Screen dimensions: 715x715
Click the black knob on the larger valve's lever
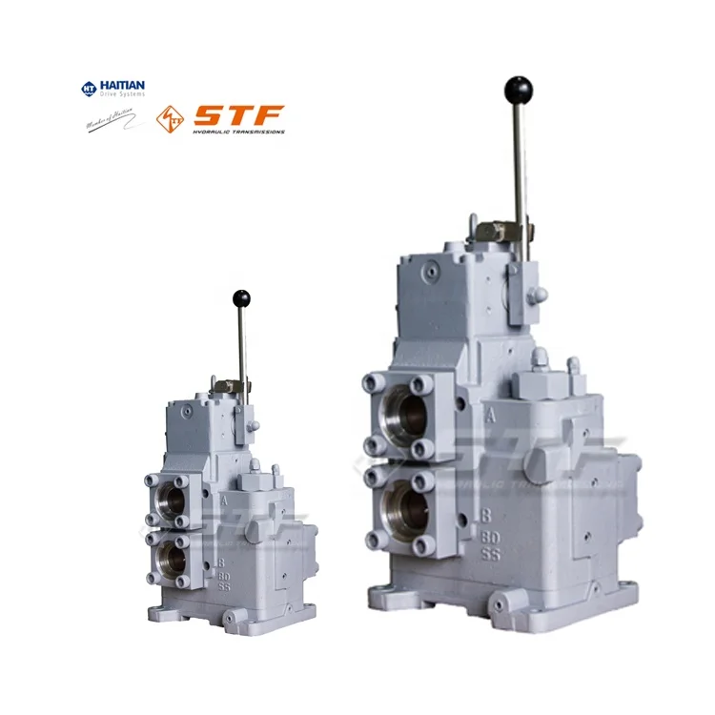518,92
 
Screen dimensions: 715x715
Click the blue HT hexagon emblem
89,89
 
